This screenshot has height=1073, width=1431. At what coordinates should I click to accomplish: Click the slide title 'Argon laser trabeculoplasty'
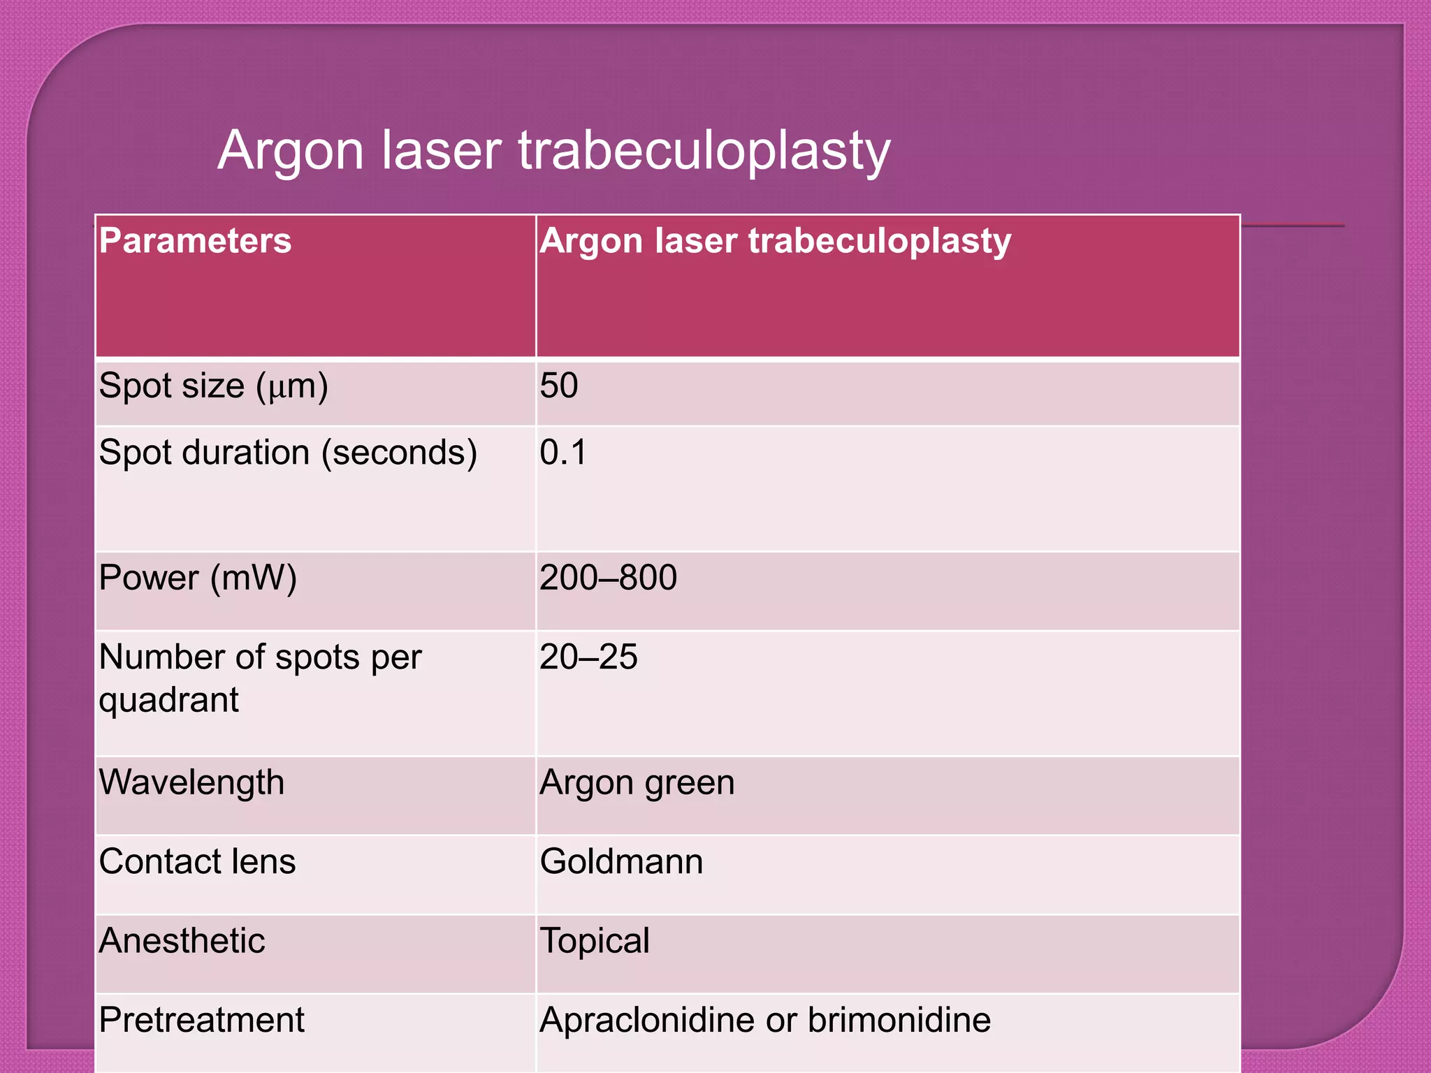pos(553,150)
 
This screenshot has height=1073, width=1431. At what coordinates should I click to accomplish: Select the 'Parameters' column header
pos(195,241)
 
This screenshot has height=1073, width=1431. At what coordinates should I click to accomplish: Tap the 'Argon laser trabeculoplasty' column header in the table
pos(775,241)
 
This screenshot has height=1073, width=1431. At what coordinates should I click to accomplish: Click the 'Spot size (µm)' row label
pos(213,386)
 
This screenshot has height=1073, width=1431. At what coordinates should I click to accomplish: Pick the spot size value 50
pos(558,386)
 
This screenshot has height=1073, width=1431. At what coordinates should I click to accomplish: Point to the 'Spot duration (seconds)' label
pos(288,453)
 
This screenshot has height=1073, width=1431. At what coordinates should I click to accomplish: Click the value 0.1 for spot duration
pos(562,453)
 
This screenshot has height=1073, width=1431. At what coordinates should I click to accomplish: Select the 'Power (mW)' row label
pos(198,578)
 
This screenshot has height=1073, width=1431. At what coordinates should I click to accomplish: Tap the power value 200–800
pos(608,578)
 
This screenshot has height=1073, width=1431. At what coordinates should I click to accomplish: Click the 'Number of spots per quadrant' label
pos(260,678)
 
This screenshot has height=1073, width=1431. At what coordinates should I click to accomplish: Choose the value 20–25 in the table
pos(588,657)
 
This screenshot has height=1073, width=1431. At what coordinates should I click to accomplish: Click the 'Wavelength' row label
pos(191,782)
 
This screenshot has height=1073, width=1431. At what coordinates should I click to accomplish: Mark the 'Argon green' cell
pos(637,783)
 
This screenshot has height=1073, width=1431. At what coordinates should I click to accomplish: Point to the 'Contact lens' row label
pos(197,861)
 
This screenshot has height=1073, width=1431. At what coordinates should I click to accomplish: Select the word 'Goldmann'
pos(621,861)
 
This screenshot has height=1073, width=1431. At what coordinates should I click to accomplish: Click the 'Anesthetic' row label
pos(182,941)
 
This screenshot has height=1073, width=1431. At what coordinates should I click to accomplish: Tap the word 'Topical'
pos(595,941)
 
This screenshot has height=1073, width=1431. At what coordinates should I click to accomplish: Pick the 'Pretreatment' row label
pos(201,1020)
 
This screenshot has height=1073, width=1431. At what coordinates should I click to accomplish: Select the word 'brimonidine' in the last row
pos(899,1020)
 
